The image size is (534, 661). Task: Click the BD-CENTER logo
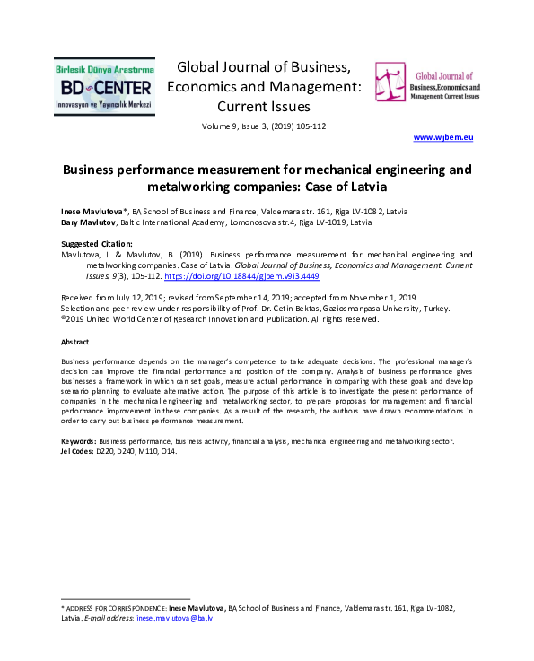tap(104, 86)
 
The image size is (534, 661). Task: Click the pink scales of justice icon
tap(390, 82)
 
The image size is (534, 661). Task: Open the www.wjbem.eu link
tap(442, 137)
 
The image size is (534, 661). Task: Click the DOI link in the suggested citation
tap(241, 276)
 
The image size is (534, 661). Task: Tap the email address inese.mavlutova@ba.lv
tap(175, 618)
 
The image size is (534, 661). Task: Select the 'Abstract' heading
tap(74, 342)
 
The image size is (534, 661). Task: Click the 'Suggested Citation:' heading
tap(97, 244)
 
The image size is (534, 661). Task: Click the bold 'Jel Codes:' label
tap(77, 451)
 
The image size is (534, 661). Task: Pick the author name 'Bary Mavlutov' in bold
tap(88, 222)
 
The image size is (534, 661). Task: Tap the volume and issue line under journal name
tap(264, 126)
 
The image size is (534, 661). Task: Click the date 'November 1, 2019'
tap(382, 298)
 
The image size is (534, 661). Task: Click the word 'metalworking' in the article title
tap(188, 187)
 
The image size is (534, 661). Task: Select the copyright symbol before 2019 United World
tap(63, 318)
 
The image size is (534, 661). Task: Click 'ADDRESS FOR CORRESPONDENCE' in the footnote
tap(117, 608)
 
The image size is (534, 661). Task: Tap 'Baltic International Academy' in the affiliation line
tap(174, 222)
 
